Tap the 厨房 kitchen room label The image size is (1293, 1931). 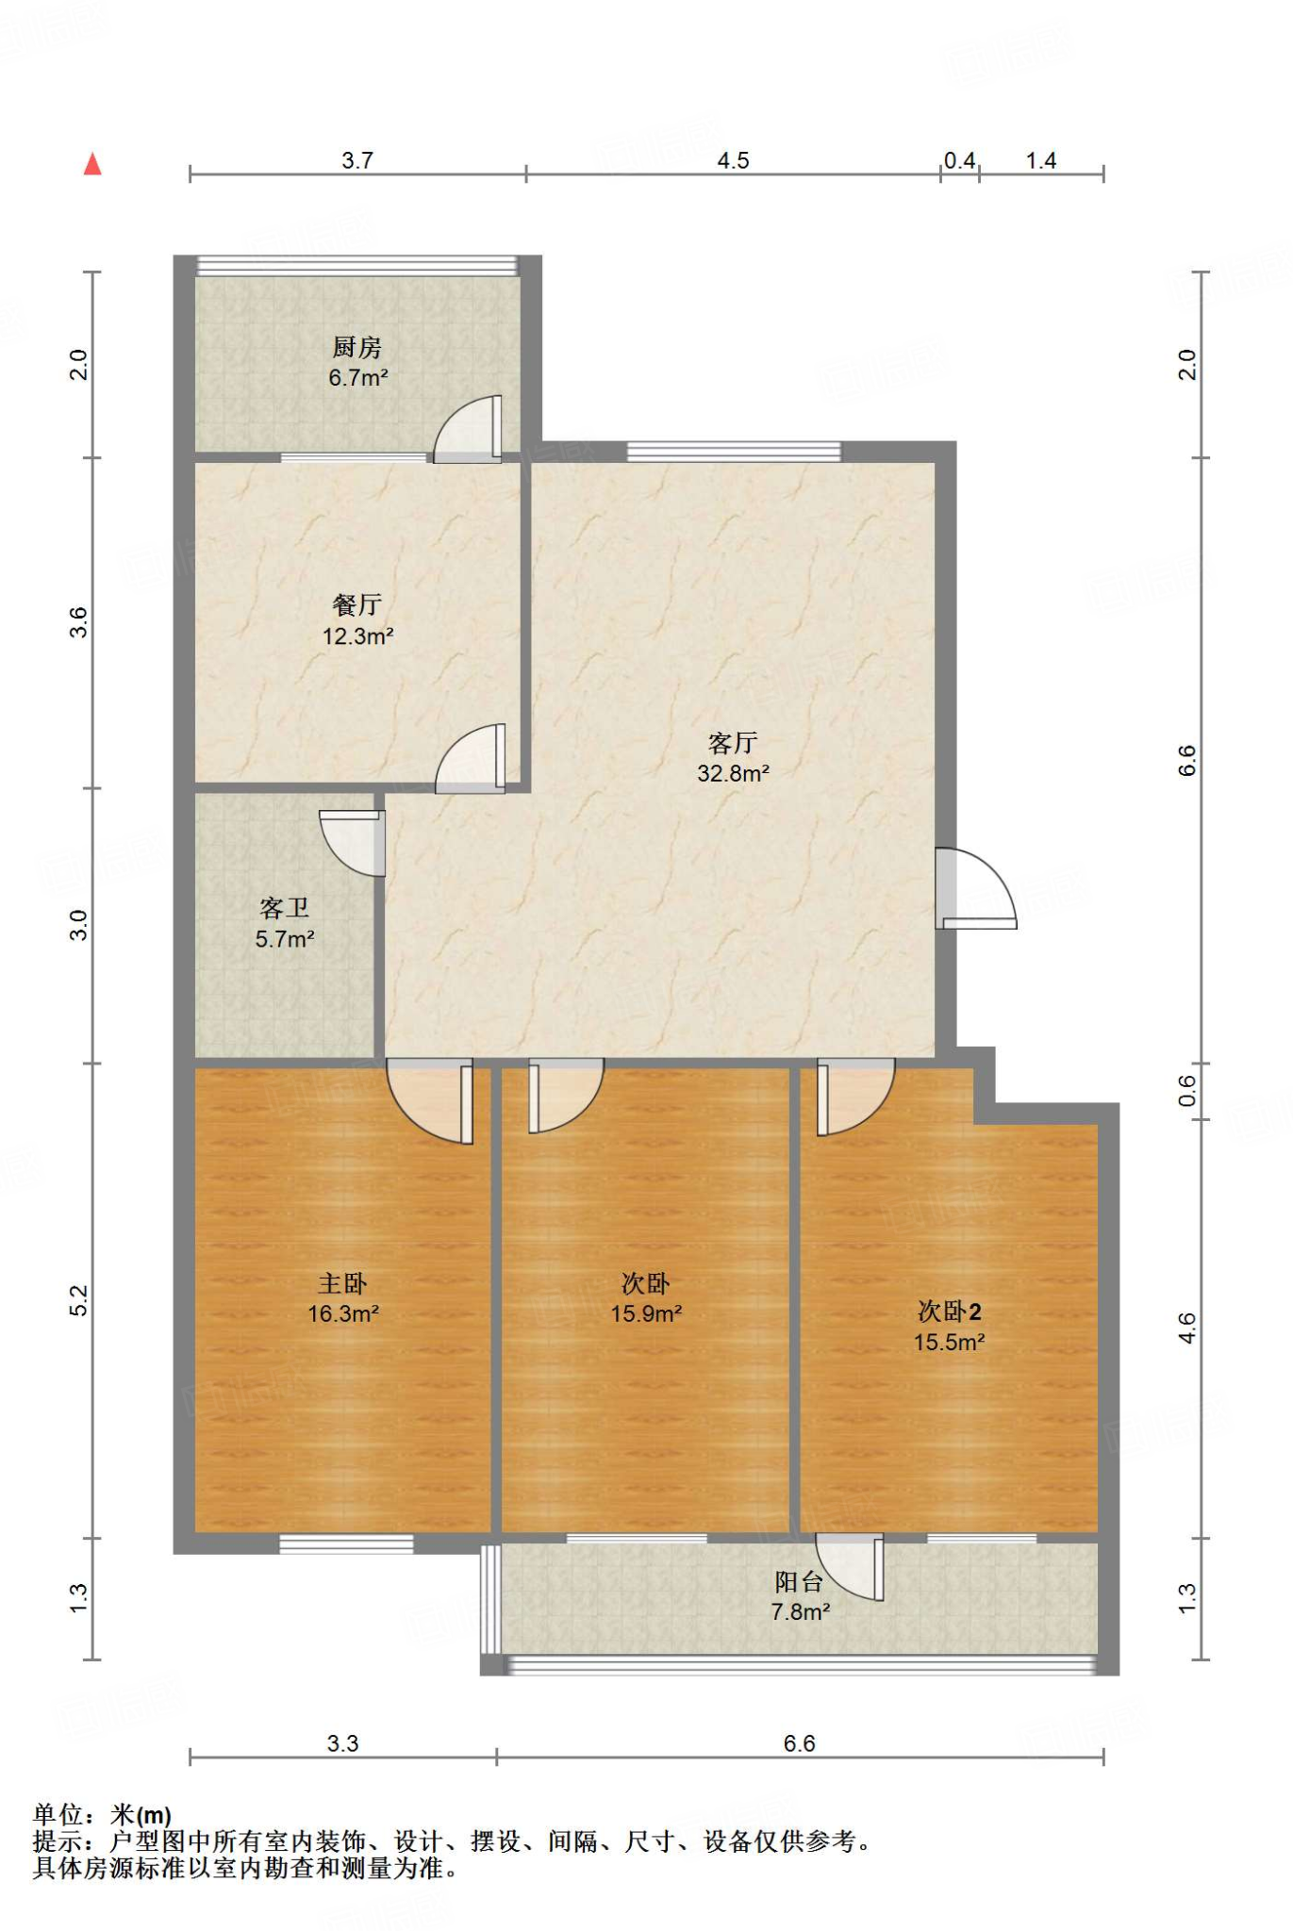[356, 348]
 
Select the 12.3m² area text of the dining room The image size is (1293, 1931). [357, 636]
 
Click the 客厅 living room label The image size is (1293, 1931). [733, 743]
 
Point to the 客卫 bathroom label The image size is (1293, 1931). [284, 908]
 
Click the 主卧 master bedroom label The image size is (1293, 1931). [342, 1283]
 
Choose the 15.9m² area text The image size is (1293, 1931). [646, 1313]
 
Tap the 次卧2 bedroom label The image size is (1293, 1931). [950, 1312]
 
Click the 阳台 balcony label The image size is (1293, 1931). [799, 1582]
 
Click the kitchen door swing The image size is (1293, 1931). [468, 429]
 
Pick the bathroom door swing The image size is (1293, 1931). [353, 843]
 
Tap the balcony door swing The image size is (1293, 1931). [850, 1567]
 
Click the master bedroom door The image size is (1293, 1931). [430, 1101]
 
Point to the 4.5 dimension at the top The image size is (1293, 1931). [733, 160]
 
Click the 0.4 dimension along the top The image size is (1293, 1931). [959, 160]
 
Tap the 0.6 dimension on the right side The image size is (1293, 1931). [1187, 1091]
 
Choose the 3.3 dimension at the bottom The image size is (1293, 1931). [342, 1743]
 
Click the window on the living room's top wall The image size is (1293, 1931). [734, 451]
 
